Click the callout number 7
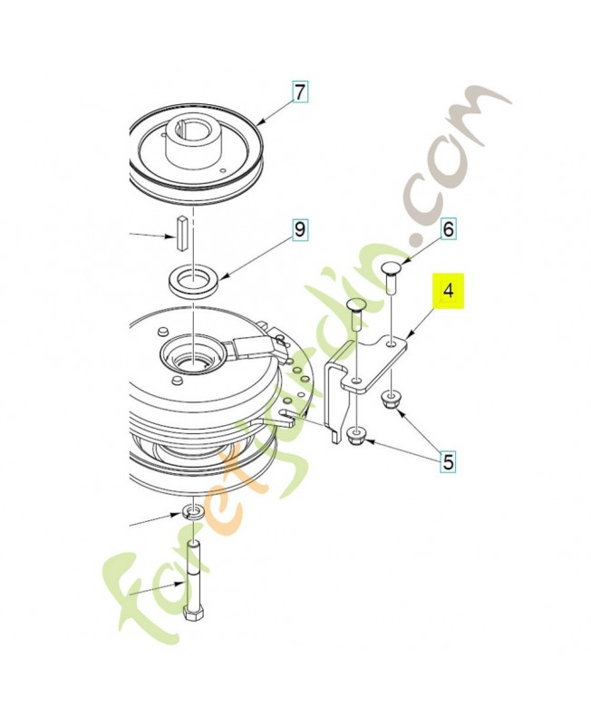300,92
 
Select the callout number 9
300,229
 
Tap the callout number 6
448,229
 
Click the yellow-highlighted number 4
448,291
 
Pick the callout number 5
448,462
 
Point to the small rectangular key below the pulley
180,234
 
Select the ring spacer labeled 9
194,282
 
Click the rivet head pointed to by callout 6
393,267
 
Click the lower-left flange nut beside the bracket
355,436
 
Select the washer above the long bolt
193,512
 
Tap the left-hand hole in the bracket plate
356,381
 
